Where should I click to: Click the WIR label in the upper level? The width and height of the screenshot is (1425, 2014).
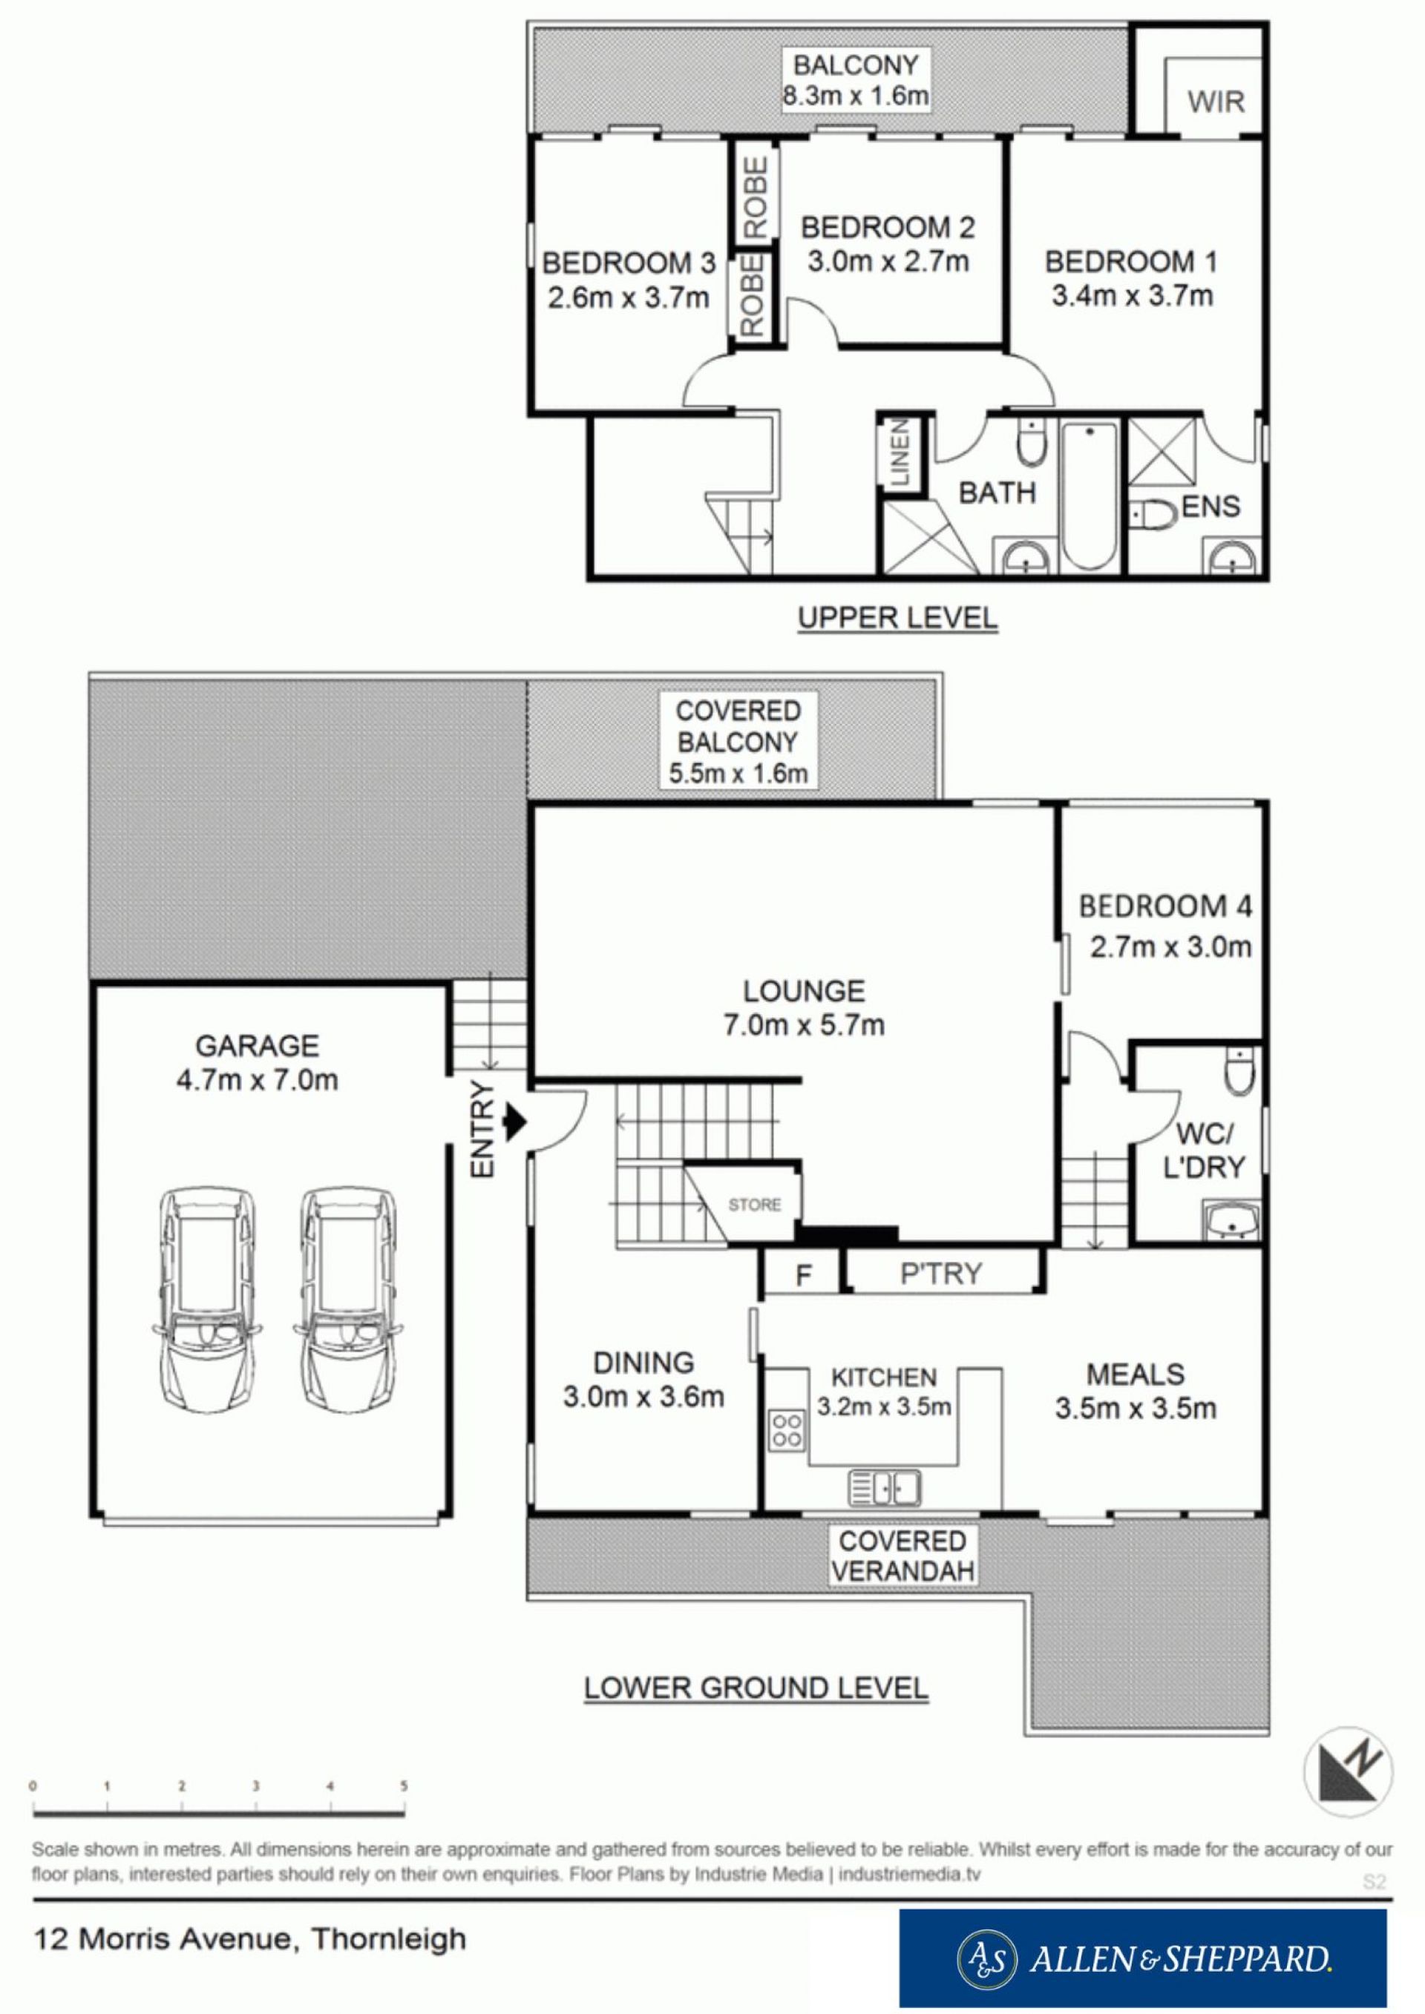click(1216, 102)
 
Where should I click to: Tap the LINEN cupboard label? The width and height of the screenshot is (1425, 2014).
click(901, 453)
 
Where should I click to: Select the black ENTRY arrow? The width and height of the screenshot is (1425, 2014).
click(515, 1120)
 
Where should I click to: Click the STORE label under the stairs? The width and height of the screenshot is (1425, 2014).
click(754, 1205)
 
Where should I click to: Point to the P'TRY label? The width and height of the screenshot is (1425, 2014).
click(942, 1273)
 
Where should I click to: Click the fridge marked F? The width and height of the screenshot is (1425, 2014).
click(803, 1275)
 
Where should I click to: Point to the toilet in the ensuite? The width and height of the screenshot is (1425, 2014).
click(1152, 515)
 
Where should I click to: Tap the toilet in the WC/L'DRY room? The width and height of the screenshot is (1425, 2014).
click(1242, 1070)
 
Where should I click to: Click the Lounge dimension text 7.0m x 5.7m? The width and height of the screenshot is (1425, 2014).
click(804, 1024)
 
